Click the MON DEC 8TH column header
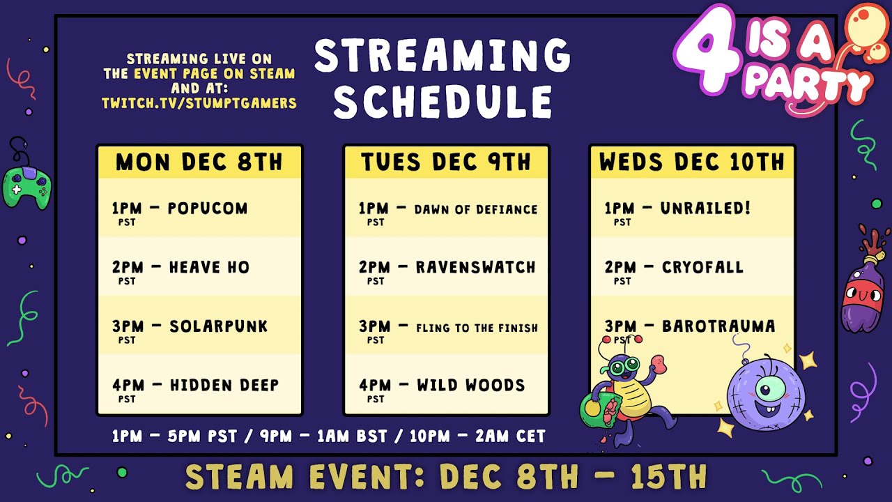pyautogui.click(x=199, y=162)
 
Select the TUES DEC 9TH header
pyautogui.click(x=446, y=162)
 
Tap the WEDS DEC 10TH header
pyautogui.click(x=692, y=162)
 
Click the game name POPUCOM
pyautogui.click(x=208, y=208)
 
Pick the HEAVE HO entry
pyautogui.click(x=209, y=267)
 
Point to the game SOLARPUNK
pyautogui.click(x=219, y=326)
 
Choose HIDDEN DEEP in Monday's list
pyautogui.click(x=224, y=385)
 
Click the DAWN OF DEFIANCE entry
pyautogui.click(x=476, y=209)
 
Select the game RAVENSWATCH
pyautogui.click(x=476, y=267)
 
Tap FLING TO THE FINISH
pyautogui.click(x=477, y=327)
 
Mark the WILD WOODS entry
pyautogui.click(x=471, y=385)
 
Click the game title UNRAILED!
pyautogui.click(x=705, y=208)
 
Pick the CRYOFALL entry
pyautogui.click(x=702, y=267)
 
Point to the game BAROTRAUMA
pyautogui.click(x=718, y=326)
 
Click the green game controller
pyautogui.click(x=26, y=184)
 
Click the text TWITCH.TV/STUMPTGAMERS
pyautogui.click(x=199, y=103)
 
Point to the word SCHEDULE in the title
pyautogui.click(x=443, y=100)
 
